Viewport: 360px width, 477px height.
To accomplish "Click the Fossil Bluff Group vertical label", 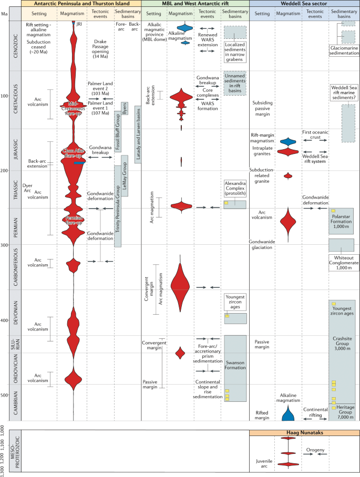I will tap(116, 135).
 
